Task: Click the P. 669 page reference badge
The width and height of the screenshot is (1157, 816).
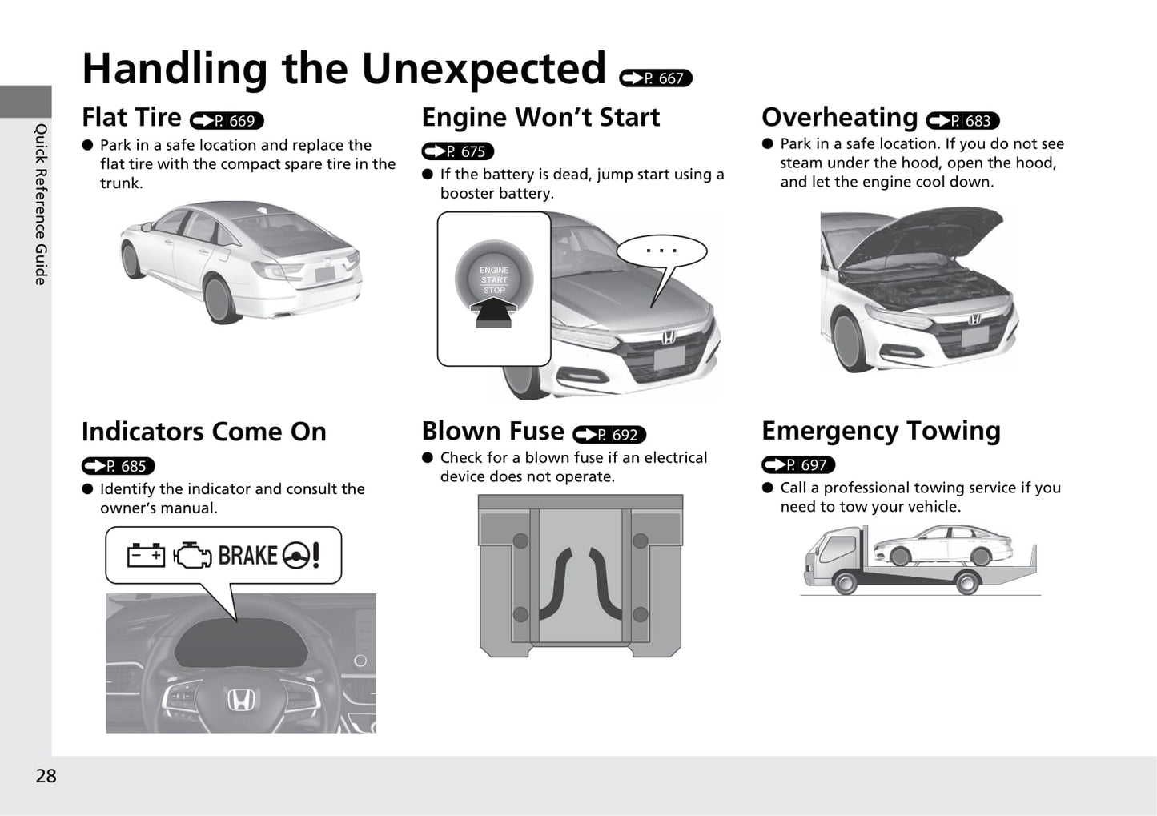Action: click(227, 121)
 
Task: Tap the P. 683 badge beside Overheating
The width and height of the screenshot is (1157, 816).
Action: click(962, 121)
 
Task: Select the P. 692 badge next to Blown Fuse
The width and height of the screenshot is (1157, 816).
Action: click(609, 435)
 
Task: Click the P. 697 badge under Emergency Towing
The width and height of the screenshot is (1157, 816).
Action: click(798, 465)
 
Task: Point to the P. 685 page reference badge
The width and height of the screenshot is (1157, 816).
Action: click(118, 466)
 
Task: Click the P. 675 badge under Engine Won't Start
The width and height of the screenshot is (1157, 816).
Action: click(458, 151)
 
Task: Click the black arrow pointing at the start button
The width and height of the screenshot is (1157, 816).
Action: click(494, 312)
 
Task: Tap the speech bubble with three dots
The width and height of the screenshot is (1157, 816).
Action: click(661, 251)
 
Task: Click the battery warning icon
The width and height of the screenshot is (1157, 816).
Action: click(146, 555)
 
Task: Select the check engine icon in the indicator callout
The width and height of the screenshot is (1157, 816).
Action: click(192, 555)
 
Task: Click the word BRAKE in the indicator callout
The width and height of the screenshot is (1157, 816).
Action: click(247, 555)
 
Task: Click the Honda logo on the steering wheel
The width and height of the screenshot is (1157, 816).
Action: click(239, 701)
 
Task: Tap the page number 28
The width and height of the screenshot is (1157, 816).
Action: click(46, 775)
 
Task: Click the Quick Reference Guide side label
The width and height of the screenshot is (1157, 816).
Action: click(41, 204)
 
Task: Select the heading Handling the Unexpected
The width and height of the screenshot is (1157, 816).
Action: click(344, 69)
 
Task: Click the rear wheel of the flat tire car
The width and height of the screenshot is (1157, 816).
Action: click(219, 296)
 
